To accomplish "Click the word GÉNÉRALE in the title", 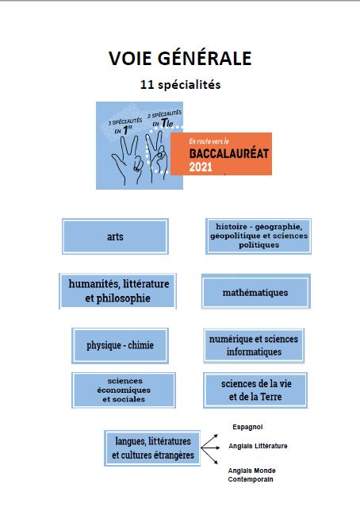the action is [x=205, y=58].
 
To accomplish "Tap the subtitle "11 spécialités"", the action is [x=180, y=85].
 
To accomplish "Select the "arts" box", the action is [x=115, y=236].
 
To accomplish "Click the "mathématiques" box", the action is [x=256, y=291].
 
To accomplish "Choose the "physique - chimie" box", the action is [x=120, y=345].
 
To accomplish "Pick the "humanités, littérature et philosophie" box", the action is [x=118, y=291].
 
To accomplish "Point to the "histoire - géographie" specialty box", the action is [x=259, y=236].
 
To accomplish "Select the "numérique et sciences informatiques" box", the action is [x=254, y=345].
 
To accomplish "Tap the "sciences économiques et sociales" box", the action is [x=124, y=390].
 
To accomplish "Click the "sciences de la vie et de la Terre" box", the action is [x=255, y=390].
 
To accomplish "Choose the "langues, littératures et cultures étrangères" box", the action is [x=152, y=448].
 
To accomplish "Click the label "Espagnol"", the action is [x=247, y=427].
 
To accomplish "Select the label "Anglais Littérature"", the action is [x=258, y=446].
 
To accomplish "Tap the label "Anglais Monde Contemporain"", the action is [x=251, y=474].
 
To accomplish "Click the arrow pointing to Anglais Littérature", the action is [x=210, y=448].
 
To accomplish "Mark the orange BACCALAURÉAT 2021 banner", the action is [x=221, y=154].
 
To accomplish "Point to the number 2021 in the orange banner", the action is [x=201, y=167].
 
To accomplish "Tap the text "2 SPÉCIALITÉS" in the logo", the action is [x=165, y=114].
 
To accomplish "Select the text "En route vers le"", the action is [x=209, y=141].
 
